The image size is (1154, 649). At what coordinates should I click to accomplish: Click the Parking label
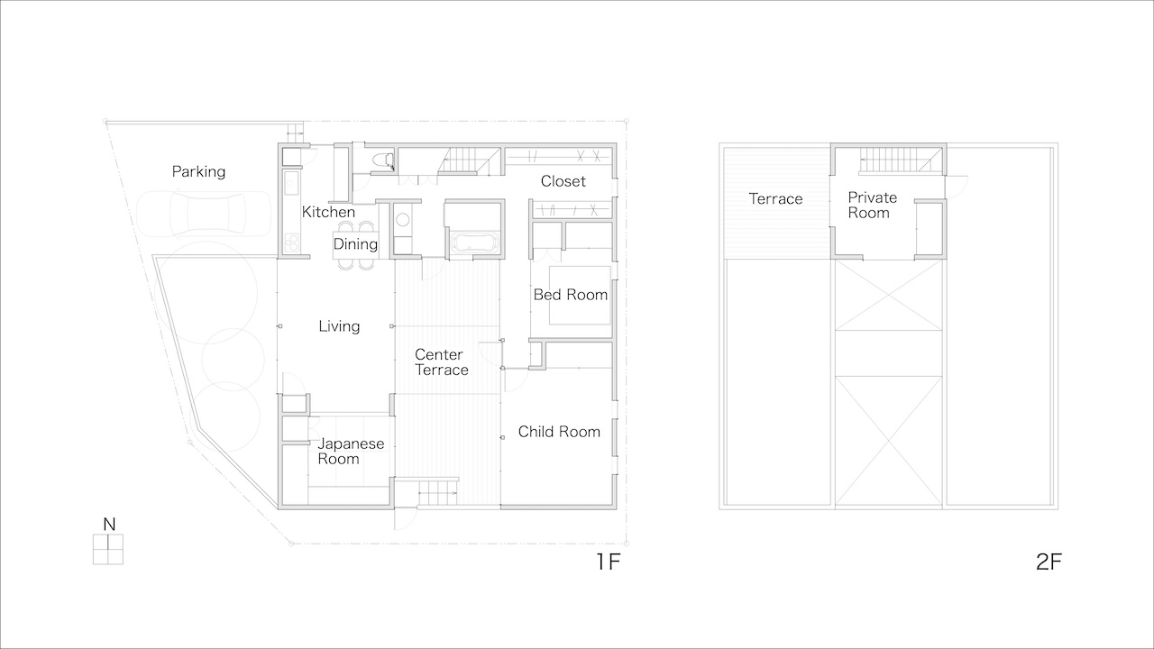[x=198, y=171]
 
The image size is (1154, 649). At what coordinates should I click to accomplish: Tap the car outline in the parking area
[x=204, y=214]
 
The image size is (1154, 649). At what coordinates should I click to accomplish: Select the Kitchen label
[x=328, y=212]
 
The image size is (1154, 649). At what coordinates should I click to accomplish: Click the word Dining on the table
[x=355, y=243]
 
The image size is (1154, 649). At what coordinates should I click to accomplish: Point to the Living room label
[x=339, y=326]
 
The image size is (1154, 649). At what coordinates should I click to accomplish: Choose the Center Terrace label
[x=442, y=362]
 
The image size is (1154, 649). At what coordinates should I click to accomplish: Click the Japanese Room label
[x=351, y=452]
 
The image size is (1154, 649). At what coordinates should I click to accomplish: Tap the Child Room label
[x=559, y=432]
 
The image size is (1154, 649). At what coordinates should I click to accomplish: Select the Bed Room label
[x=571, y=295]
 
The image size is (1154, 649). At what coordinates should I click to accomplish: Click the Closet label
[x=563, y=181]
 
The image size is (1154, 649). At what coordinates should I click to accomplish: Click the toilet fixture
[x=382, y=160]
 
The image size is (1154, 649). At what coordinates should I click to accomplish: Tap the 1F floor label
[x=608, y=562]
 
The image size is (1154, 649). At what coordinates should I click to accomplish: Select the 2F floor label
[x=1049, y=562]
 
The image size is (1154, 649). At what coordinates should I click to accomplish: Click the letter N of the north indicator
[x=109, y=525]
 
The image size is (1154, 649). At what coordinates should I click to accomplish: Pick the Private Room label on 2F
[x=872, y=205]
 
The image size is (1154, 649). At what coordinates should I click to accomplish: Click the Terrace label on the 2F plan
[x=775, y=199]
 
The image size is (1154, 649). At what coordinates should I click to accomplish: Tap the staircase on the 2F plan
[x=901, y=160]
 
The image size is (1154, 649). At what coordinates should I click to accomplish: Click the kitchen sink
[x=291, y=183]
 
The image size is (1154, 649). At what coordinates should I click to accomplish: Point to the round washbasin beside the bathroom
[x=403, y=220]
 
